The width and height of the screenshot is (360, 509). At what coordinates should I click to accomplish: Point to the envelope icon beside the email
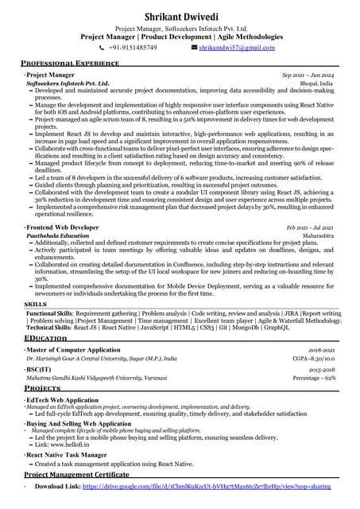(195, 48)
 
